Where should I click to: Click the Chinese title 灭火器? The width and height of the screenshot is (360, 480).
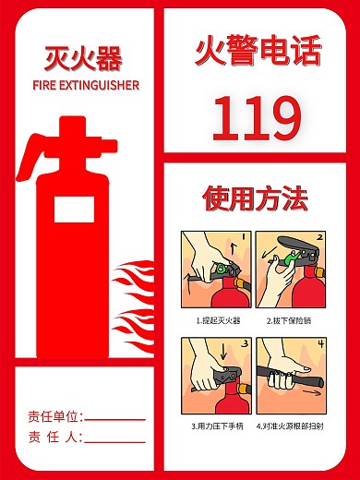pyautogui.click(x=83, y=58)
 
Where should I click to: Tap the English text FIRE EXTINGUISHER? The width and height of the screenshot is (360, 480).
pyautogui.click(x=85, y=85)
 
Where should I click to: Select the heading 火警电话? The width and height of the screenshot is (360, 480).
pyautogui.click(x=258, y=51)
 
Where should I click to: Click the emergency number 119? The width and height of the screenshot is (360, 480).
pyautogui.click(x=257, y=116)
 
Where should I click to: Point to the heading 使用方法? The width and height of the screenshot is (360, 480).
pyautogui.click(x=255, y=198)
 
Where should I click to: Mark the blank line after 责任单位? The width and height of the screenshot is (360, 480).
pyautogui.click(x=115, y=420)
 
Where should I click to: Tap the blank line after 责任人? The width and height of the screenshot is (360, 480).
pyautogui.click(x=115, y=440)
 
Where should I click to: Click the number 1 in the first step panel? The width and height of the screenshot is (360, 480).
pyautogui.click(x=244, y=237)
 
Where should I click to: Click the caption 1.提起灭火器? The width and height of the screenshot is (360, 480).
pyautogui.click(x=218, y=321)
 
